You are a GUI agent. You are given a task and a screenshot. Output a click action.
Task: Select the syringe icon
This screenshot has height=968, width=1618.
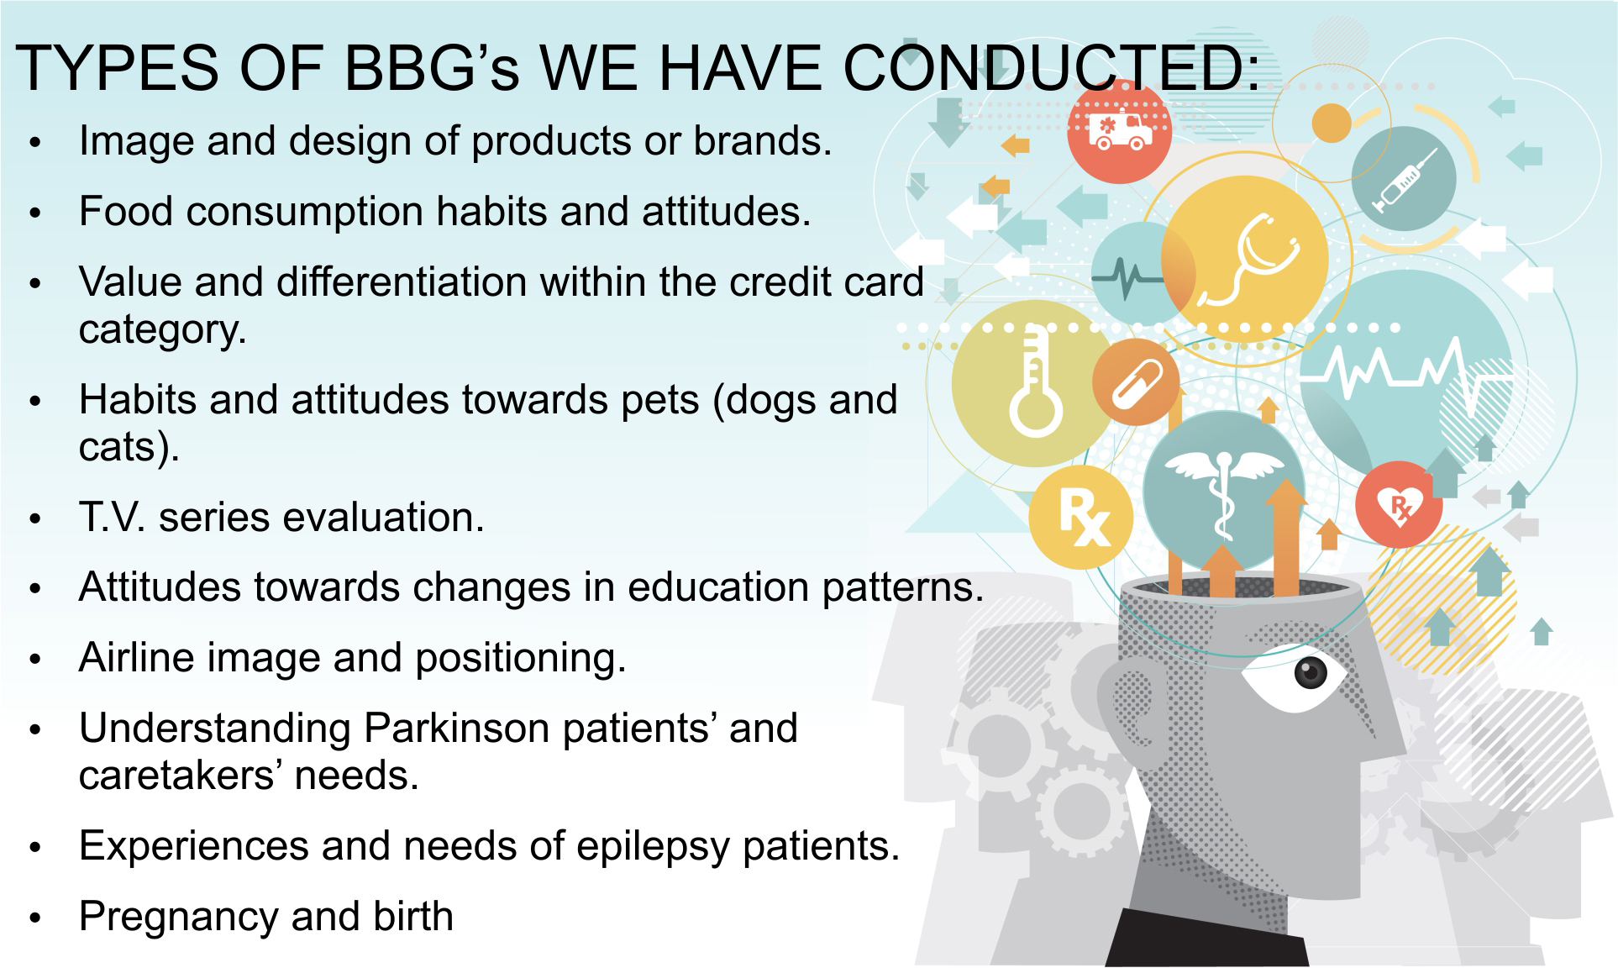pyautogui.click(x=1405, y=180)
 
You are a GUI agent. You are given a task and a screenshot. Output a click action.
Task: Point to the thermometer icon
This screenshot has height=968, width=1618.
pyautogui.click(x=1036, y=382)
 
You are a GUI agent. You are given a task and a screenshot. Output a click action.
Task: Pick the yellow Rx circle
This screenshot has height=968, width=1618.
pyautogui.click(x=1081, y=516)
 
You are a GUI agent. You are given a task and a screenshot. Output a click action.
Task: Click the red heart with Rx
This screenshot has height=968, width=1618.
pyautogui.click(x=1399, y=504)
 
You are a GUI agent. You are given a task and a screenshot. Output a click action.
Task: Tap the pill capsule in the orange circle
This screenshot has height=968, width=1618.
pyautogui.click(x=1136, y=382)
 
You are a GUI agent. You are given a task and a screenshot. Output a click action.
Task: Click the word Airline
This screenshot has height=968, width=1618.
pyautogui.click(x=136, y=657)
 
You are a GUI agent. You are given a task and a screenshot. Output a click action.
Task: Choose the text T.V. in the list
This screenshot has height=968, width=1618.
pyautogui.click(x=113, y=518)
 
